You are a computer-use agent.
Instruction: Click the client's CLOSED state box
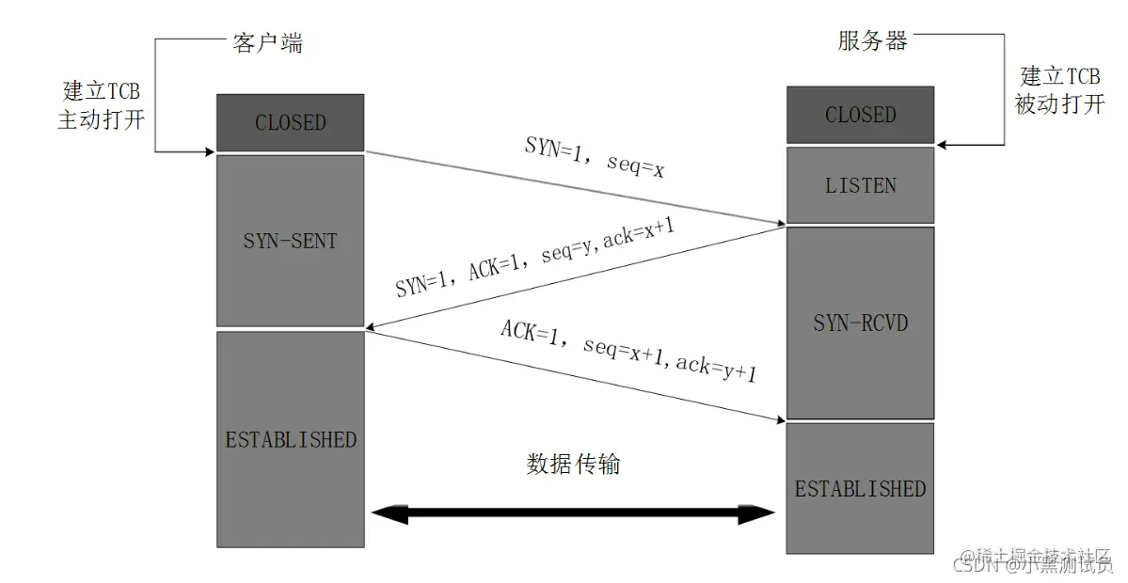click(x=290, y=122)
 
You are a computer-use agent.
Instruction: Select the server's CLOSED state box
click(x=860, y=115)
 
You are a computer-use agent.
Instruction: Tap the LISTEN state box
click(x=860, y=185)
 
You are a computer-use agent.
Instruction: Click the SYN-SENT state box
click(x=290, y=241)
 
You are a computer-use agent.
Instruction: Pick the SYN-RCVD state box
click(x=860, y=323)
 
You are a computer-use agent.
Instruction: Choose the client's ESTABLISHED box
click(x=290, y=439)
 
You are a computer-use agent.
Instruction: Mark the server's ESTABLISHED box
click(x=860, y=488)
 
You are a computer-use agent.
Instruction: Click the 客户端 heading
click(x=267, y=42)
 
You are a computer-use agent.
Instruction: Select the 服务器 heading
click(x=872, y=40)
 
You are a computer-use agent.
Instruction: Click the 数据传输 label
click(x=573, y=464)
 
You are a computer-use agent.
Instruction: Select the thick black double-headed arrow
click(x=573, y=513)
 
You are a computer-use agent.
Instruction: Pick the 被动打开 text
click(x=1059, y=103)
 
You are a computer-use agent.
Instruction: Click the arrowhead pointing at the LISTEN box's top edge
click(x=943, y=145)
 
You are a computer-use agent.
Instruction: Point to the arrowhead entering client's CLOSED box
click(x=210, y=150)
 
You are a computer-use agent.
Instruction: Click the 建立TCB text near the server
click(x=1059, y=76)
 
